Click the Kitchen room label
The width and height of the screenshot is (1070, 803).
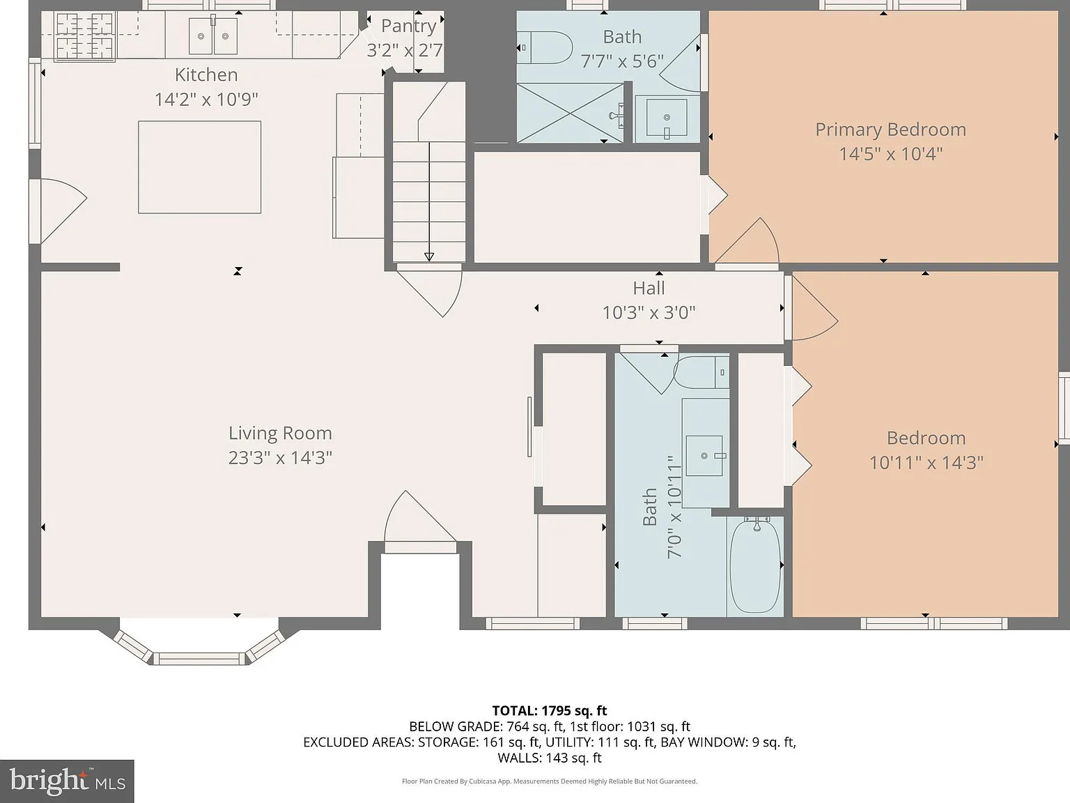(206, 75)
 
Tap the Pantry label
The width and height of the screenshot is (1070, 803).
(408, 26)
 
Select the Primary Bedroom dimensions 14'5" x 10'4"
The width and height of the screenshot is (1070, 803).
(890, 154)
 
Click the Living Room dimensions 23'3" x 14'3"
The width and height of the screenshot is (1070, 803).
(280, 458)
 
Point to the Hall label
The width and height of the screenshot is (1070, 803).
(649, 288)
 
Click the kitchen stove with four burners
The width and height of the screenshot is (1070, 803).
(84, 36)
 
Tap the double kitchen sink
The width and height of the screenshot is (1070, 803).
(213, 36)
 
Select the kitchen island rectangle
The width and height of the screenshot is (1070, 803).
(199, 167)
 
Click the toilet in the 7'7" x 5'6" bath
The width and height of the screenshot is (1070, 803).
(545, 48)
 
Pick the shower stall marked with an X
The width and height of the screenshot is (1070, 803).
(570, 113)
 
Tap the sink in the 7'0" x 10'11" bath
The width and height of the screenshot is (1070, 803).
(704, 455)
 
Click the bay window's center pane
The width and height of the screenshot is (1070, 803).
(199, 659)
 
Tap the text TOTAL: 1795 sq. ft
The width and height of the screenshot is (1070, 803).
(550, 710)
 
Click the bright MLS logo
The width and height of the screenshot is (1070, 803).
(67, 781)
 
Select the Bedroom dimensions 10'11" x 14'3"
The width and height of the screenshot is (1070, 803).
(926, 463)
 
